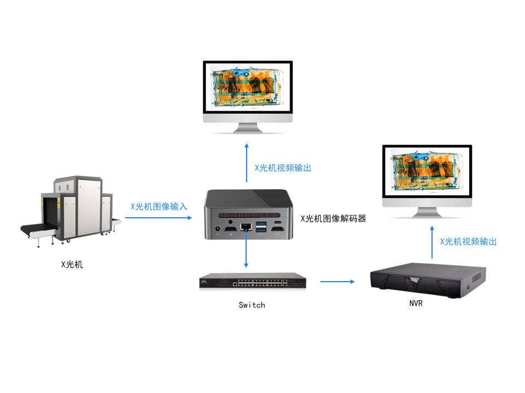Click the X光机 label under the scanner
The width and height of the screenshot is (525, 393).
[72, 265]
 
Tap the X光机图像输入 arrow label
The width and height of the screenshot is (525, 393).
[159, 207]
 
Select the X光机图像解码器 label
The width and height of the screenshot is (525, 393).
[333, 218]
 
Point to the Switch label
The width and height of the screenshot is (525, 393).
[252, 305]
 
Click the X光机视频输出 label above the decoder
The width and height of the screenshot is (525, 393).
[283, 168]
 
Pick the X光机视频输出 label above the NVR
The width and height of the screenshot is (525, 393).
[468, 241]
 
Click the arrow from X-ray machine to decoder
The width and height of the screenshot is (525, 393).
[159, 217]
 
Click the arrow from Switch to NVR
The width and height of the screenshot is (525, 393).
[337, 282]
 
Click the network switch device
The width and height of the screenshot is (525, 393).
[252, 282]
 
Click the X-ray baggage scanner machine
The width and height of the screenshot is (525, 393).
[71, 210]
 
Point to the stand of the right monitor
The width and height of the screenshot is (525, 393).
[427, 212]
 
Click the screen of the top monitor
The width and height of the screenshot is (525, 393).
[248, 87]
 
